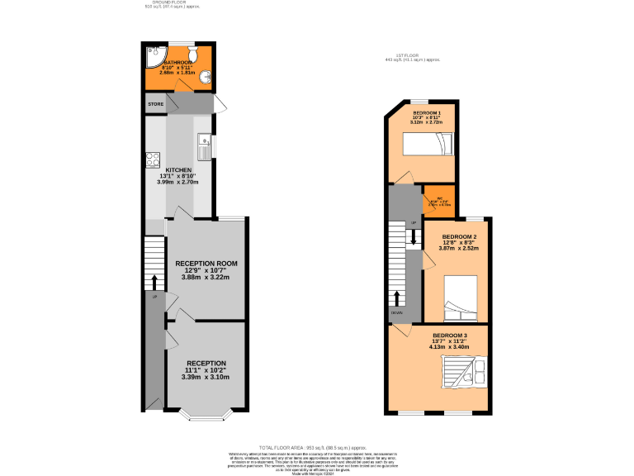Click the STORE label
point(155,104)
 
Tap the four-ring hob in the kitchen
point(153,159)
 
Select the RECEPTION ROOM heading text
point(206,264)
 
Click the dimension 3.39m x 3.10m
point(206,377)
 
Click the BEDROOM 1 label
point(427,112)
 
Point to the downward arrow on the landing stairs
point(414,236)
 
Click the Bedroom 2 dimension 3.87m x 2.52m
point(460,247)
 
